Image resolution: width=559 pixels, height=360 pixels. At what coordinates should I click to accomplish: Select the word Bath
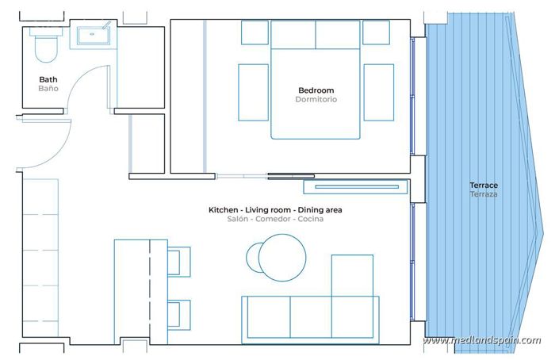coord(48,79)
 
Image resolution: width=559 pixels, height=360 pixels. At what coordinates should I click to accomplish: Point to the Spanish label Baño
coord(48,89)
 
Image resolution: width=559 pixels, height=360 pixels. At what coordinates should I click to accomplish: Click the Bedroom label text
coord(316,90)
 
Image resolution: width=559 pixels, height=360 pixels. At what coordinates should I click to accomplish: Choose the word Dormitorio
coord(316,100)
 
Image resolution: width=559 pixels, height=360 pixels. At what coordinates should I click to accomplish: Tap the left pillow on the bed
coord(293,34)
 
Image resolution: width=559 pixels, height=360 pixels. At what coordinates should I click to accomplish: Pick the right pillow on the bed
coord(339,34)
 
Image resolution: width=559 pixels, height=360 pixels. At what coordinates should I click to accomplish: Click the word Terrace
coord(484,186)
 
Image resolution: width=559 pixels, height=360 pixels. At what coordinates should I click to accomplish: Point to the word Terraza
coord(484,194)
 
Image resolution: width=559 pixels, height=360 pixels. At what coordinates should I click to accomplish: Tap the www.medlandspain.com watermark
coord(481,341)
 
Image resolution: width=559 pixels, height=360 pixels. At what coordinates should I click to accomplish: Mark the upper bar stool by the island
coord(179,261)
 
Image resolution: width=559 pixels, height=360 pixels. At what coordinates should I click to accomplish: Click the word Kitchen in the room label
coord(224,210)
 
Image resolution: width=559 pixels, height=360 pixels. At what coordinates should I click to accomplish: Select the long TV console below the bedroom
coord(353,187)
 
